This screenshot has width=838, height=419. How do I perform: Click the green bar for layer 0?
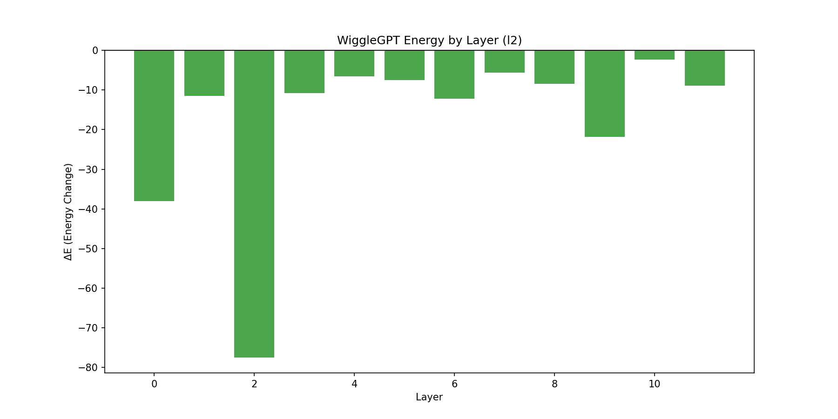(x=154, y=126)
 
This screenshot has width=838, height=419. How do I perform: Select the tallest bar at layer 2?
(x=254, y=203)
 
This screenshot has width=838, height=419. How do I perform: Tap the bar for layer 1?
(x=204, y=73)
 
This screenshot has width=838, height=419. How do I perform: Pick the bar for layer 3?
(x=304, y=72)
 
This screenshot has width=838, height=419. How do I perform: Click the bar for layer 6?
(x=454, y=74)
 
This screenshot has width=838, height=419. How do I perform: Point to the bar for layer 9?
(x=605, y=94)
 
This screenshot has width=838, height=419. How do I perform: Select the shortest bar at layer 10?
(x=655, y=55)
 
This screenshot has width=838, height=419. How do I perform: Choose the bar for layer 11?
(x=705, y=68)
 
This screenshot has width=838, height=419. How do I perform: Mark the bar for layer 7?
(x=505, y=61)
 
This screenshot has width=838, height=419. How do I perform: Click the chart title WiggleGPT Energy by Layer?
(x=429, y=41)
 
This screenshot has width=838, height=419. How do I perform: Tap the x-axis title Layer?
(x=429, y=397)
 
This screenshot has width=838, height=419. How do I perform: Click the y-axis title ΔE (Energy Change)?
(x=68, y=212)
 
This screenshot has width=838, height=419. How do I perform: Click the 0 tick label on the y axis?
(x=95, y=50)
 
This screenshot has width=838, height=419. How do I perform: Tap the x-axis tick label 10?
(x=655, y=384)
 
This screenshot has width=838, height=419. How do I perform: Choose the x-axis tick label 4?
(x=354, y=384)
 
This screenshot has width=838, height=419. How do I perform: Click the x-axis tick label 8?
(x=554, y=384)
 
